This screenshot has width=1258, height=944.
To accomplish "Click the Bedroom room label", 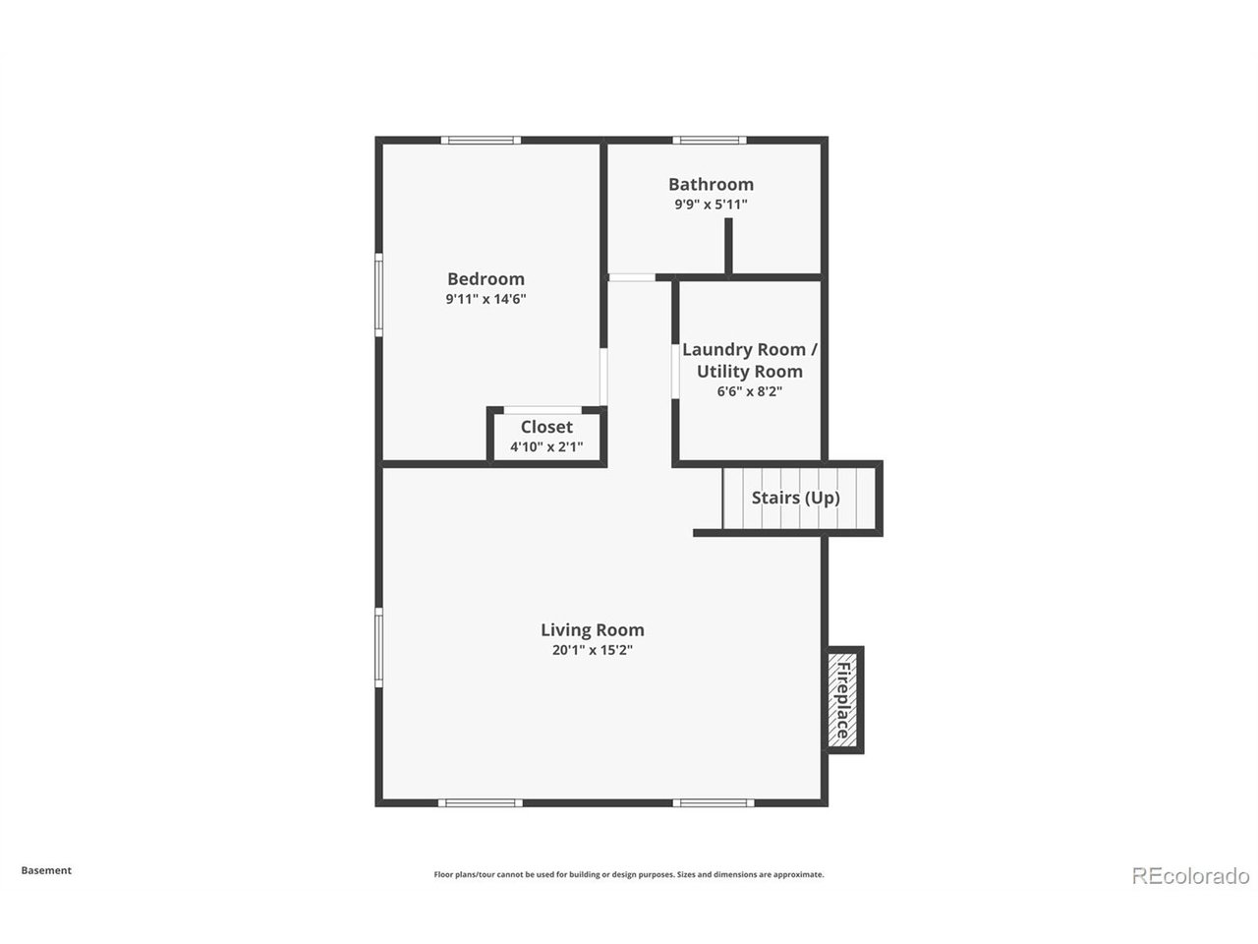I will tap(486, 279).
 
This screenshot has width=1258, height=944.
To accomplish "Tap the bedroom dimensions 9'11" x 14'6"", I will tap(486, 299).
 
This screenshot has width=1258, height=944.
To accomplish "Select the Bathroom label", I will tap(711, 184).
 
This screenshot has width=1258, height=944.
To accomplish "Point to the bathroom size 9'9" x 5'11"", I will tap(711, 205).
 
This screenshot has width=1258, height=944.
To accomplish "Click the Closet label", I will tap(546, 427).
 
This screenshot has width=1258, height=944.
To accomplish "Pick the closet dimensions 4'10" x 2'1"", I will tap(546, 446).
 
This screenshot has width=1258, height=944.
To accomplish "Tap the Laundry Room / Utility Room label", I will tap(750, 360).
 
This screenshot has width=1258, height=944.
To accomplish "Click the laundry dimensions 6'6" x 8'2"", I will tap(750, 391).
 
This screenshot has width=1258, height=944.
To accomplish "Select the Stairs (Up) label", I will tap(796, 498).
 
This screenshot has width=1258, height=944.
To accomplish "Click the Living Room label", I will tap(593, 630).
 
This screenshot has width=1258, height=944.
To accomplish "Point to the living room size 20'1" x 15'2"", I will tap(593, 650).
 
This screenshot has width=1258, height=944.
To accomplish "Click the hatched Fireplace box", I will tap(843, 699).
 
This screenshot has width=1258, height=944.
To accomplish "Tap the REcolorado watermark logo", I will tap(1191, 875).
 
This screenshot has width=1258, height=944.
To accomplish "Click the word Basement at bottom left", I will tap(46, 870).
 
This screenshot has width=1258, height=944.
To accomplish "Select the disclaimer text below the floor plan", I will tap(629, 874).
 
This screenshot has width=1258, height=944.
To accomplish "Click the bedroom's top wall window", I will tap(481, 140).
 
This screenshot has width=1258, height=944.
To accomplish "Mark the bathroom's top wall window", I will tap(709, 140).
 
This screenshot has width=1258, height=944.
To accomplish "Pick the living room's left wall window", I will tap(378, 646).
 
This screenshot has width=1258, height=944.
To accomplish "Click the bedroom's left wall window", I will tap(378, 295).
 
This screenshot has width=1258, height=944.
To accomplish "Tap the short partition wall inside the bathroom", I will tap(728, 246).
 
